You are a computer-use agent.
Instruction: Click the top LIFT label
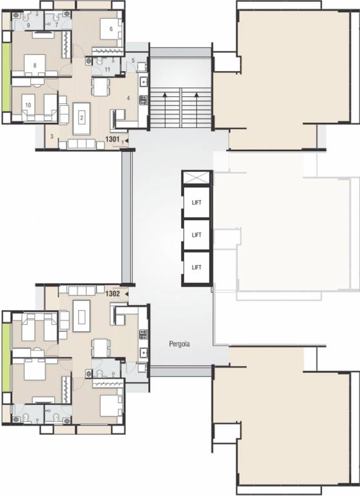point(197,203)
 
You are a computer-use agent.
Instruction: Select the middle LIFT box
point(197,235)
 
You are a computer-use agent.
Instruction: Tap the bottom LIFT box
point(197,267)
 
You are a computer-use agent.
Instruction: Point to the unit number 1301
point(112,139)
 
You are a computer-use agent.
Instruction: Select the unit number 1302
point(112,293)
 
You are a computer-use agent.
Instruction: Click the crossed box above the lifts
point(197,178)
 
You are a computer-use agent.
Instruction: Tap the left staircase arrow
point(165,102)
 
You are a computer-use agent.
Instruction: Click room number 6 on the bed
point(111,29)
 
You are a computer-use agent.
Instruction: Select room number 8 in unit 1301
point(34,65)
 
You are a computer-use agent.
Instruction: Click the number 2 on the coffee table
point(82,118)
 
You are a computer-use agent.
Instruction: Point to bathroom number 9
point(19,25)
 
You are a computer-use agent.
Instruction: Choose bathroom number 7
point(56,25)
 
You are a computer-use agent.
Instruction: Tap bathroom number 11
point(107,68)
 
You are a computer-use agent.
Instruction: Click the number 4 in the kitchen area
point(129,98)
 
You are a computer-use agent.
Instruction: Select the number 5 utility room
point(132,61)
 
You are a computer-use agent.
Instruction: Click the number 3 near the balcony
point(52,136)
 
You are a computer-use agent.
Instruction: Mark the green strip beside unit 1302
point(6,357)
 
